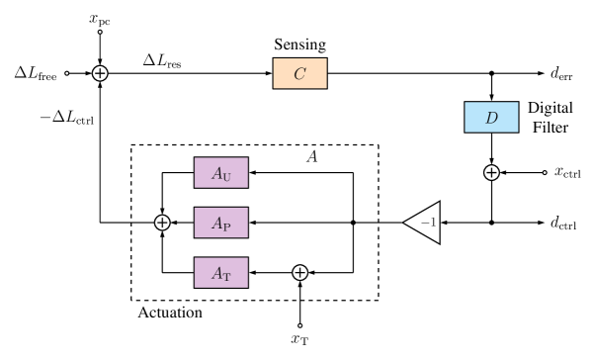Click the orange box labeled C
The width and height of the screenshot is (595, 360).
pos(299,73)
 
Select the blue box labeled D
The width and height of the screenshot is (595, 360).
pos(491,118)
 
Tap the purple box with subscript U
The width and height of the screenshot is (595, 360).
pos(220,173)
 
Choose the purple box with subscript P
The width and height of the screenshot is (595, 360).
pos(220,224)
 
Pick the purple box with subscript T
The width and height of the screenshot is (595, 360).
pos(220,273)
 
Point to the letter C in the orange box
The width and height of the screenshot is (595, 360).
pos(299,73)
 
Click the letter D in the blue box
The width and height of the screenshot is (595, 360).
pos(491,118)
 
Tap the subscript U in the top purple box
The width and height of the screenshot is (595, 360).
pos(226,176)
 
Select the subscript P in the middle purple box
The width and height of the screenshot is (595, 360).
pos(226,226)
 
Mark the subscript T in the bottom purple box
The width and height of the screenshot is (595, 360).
pos(226,276)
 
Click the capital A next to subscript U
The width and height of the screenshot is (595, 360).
pos(216,173)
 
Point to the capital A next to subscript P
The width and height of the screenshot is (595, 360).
pos(216,224)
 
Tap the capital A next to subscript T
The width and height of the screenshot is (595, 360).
pos(216,273)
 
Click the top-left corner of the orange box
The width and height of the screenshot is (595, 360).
pos(274,59)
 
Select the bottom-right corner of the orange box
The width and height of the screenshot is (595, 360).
pos(326,88)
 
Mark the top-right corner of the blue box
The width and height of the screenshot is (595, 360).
pos(518,103)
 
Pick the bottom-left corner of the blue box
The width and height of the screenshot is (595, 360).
pos(466,132)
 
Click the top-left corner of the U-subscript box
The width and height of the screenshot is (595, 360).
pos(195,158)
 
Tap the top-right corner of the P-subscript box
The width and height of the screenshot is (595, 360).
pos(247,209)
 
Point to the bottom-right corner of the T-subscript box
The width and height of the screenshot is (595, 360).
pos(247,287)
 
